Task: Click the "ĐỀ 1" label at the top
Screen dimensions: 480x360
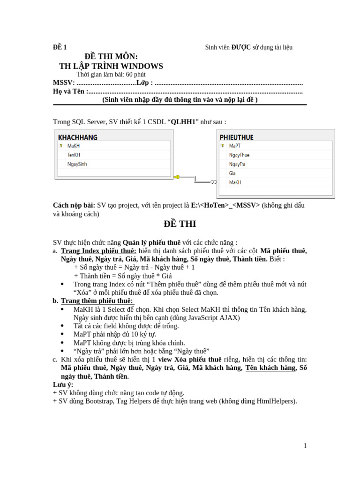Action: click(x=60, y=47)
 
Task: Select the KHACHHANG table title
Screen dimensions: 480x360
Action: click(x=77, y=137)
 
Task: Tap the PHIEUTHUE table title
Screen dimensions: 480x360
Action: click(x=236, y=137)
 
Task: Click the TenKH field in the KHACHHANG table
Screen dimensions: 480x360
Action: click(x=74, y=155)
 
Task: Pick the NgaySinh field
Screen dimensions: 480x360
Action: click(x=77, y=164)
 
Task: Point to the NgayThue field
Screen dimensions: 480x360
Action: click(x=239, y=155)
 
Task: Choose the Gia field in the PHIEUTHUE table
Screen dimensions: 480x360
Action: click(x=232, y=173)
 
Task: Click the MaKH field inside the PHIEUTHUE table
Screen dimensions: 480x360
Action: click(x=235, y=182)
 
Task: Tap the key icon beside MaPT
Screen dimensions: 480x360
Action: click(x=223, y=146)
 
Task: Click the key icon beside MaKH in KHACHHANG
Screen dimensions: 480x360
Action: click(x=61, y=146)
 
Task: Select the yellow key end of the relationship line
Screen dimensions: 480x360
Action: click(x=177, y=177)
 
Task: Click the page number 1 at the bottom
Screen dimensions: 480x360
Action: click(x=305, y=446)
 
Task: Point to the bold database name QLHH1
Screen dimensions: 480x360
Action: click(x=183, y=122)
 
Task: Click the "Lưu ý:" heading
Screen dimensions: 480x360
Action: click(x=63, y=384)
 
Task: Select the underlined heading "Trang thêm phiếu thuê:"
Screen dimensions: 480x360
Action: click(x=97, y=300)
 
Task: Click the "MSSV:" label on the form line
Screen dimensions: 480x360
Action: click(x=63, y=83)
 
